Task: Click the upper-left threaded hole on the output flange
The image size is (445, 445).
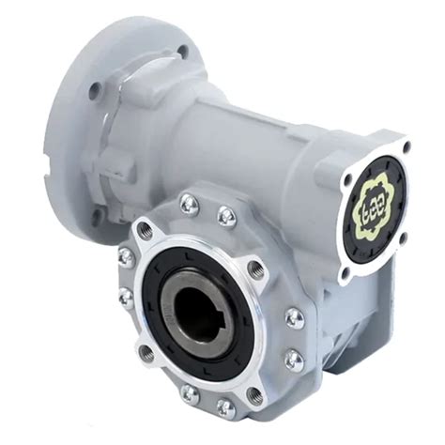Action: point(145,229)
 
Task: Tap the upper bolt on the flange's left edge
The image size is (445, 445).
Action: point(125,255)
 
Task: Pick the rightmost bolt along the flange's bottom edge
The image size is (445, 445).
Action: point(225,407)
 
